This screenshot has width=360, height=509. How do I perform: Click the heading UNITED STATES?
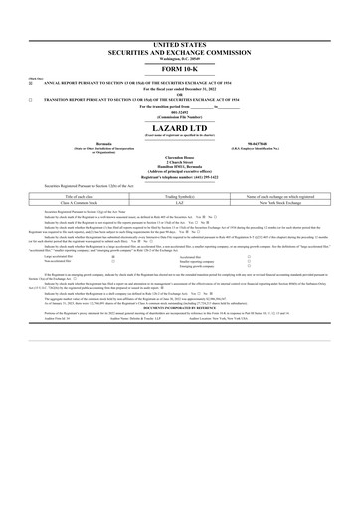(179, 45)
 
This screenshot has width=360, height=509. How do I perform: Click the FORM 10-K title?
(179, 68)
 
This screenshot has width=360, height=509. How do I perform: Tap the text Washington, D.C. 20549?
(179, 59)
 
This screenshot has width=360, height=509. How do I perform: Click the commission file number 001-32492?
(179, 116)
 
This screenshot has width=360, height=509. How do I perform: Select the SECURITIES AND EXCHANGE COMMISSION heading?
(179, 52)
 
